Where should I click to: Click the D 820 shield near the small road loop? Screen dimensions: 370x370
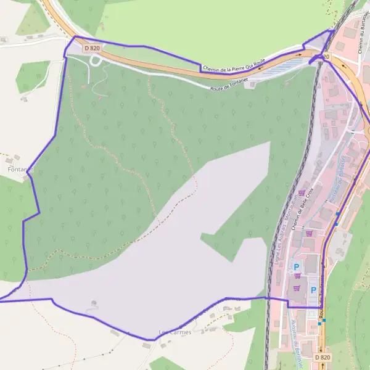91,47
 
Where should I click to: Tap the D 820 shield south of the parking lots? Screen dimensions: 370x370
322,357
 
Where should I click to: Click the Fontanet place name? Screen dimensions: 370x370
20,168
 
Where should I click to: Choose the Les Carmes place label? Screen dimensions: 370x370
176,332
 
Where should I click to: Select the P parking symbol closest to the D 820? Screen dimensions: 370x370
313,290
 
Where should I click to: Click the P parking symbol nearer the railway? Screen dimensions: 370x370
297,267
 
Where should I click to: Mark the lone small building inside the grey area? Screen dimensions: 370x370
94,303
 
